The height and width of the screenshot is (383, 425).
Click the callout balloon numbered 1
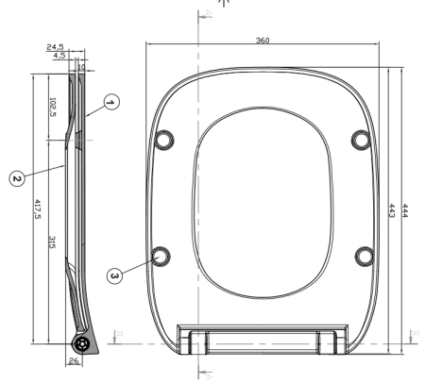coord(111,102)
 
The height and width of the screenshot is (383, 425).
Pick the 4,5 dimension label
coord(59,56)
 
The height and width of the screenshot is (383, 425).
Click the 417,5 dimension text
coord(37,209)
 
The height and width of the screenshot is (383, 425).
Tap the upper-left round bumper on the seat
coord(164,139)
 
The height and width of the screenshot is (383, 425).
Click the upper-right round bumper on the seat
coord(360,139)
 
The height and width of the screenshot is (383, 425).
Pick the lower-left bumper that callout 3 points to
coord(161,254)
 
